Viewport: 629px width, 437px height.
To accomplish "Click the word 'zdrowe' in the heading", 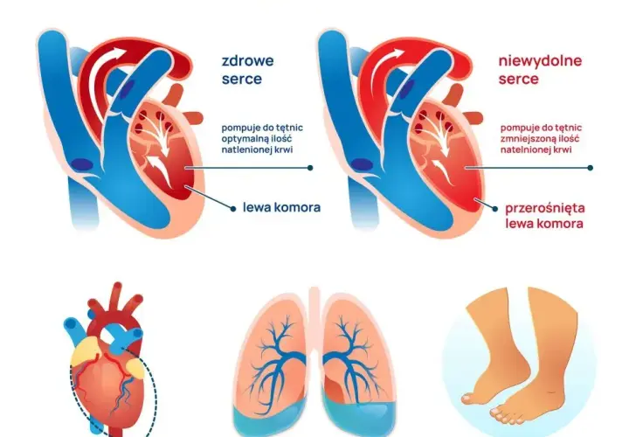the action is coord(247,60).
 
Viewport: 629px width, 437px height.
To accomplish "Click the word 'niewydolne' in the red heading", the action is coord(540,60).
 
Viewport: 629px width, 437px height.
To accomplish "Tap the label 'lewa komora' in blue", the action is coord(281,207).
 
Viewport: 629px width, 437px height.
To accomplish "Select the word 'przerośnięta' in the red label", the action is coord(545,208).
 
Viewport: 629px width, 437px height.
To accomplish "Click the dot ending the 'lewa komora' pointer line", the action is coord(233,208).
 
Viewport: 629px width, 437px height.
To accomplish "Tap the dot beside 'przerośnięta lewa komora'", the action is coord(495,209).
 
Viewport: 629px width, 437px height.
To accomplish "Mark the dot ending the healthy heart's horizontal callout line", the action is coord(310,168).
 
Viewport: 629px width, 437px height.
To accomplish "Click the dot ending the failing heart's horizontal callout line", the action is coord(590,168).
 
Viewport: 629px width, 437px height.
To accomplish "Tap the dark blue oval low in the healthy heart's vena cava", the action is coord(82,164).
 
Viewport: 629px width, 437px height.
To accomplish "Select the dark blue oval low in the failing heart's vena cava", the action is coord(362,164).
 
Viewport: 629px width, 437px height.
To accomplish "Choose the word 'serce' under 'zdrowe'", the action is coord(242,79).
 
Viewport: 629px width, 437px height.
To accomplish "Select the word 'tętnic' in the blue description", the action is coord(288,128).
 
